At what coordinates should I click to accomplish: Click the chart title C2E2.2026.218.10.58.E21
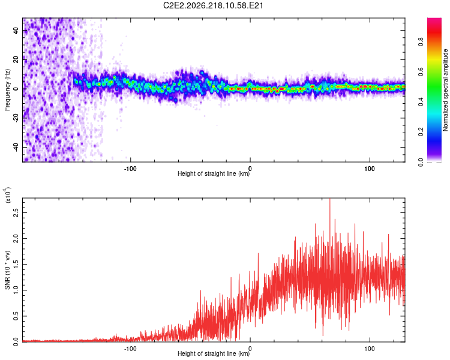click(213, 5)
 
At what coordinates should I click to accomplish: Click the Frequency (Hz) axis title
click(7, 90)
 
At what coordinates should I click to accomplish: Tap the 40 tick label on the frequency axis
click(16, 31)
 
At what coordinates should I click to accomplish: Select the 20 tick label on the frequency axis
click(16, 60)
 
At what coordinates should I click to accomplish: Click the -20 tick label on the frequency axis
click(16, 118)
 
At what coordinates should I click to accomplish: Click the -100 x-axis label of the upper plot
click(130, 169)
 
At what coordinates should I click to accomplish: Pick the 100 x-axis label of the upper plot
click(370, 169)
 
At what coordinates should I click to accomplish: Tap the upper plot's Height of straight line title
click(214, 173)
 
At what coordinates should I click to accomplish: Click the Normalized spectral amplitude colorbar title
click(445, 90)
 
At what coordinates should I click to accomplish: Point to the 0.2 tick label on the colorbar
click(421, 132)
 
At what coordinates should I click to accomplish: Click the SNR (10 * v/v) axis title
click(7, 270)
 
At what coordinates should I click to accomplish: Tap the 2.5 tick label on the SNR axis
click(16, 213)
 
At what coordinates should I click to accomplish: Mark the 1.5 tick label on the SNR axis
click(16, 265)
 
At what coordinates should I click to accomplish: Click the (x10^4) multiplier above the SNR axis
click(8, 195)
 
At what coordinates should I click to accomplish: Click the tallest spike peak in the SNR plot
click(330, 199)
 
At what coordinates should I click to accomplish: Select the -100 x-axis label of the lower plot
click(130, 349)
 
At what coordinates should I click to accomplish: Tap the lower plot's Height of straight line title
click(214, 353)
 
